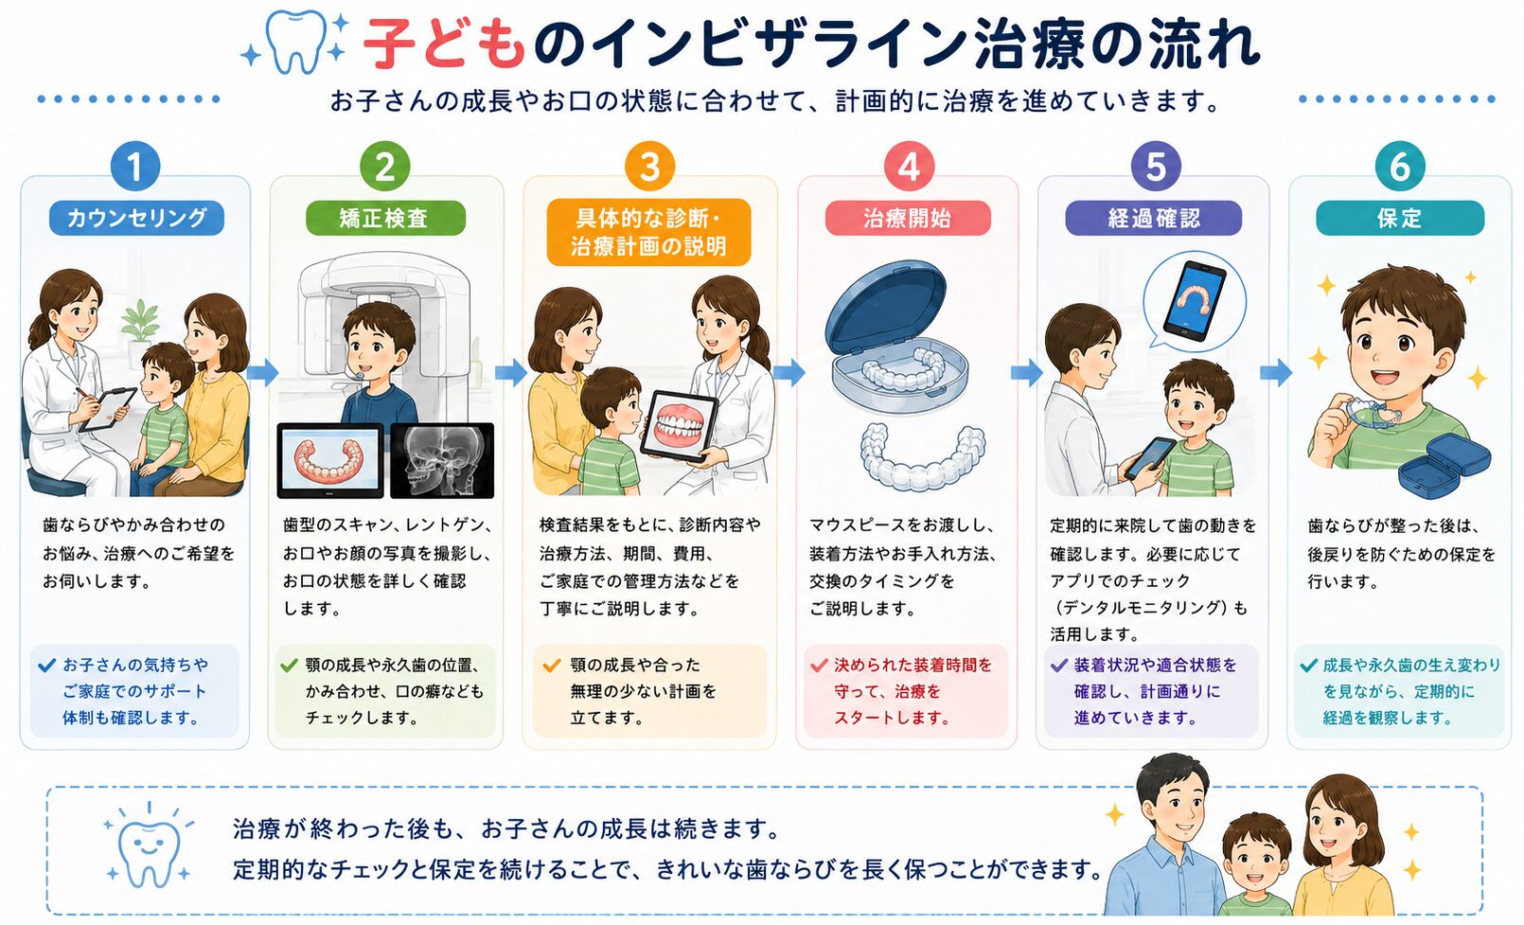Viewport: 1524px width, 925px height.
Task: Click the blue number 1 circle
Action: tap(135, 167)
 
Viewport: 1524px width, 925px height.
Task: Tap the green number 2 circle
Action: tap(384, 167)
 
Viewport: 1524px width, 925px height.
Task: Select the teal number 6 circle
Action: tap(1399, 167)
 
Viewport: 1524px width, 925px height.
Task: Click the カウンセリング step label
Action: tap(136, 218)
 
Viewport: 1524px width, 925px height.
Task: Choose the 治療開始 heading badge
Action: tap(908, 218)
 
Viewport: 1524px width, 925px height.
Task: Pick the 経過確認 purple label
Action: tap(1154, 218)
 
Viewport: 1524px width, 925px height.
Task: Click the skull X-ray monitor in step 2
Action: tap(442, 461)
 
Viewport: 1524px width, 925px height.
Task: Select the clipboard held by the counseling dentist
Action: tap(108, 408)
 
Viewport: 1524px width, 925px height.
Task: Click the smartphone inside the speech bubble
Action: tap(1195, 301)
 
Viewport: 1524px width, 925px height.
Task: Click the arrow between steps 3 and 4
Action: tap(789, 372)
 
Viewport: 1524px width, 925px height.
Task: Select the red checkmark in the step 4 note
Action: tap(819, 665)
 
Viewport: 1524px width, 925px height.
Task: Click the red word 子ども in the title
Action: tap(444, 44)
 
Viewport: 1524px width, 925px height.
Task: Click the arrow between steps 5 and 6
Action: tap(1276, 372)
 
